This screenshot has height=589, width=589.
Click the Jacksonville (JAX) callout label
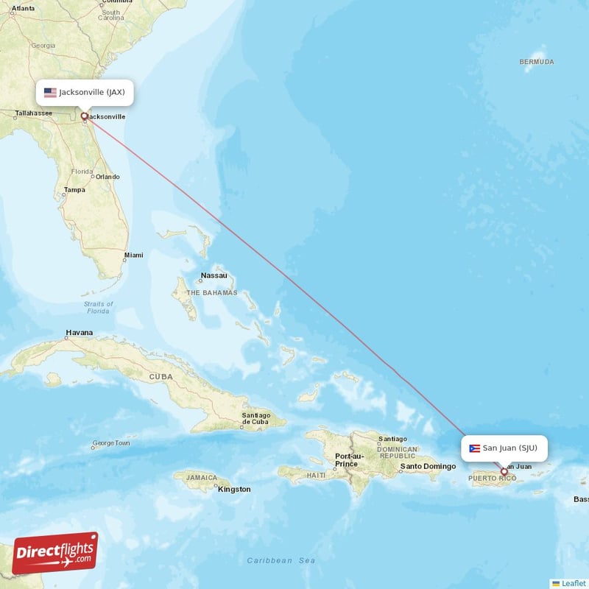pyautogui.click(x=85, y=93)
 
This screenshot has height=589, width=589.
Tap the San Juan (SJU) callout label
pyautogui.click(x=504, y=448)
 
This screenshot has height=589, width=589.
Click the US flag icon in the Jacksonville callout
pyautogui.click(x=50, y=93)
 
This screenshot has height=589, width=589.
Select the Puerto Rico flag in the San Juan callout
pyautogui.click(x=474, y=448)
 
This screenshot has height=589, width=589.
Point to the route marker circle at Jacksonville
pyautogui.click(x=84, y=116)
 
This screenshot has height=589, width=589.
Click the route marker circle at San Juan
pyautogui.click(x=504, y=471)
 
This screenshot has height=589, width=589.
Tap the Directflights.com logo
pyautogui.click(x=54, y=553)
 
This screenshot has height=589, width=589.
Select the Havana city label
pyautogui.click(x=79, y=333)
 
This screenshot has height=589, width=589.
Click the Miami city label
pyautogui.click(x=133, y=255)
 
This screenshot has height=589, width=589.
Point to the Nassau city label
pyautogui.click(x=214, y=277)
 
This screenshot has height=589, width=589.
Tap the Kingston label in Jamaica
pyautogui.click(x=234, y=489)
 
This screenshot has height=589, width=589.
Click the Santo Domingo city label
pyautogui.click(x=428, y=467)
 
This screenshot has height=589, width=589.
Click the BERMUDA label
pyautogui.click(x=536, y=62)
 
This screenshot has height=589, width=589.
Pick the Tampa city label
pyautogui.click(x=74, y=190)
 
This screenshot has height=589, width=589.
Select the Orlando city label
pyautogui.click(x=107, y=177)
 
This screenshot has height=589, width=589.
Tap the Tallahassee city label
pyautogui.click(x=34, y=113)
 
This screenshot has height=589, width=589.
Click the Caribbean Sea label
pyautogui.click(x=281, y=561)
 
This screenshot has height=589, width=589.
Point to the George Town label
pyautogui.click(x=110, y=444)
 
